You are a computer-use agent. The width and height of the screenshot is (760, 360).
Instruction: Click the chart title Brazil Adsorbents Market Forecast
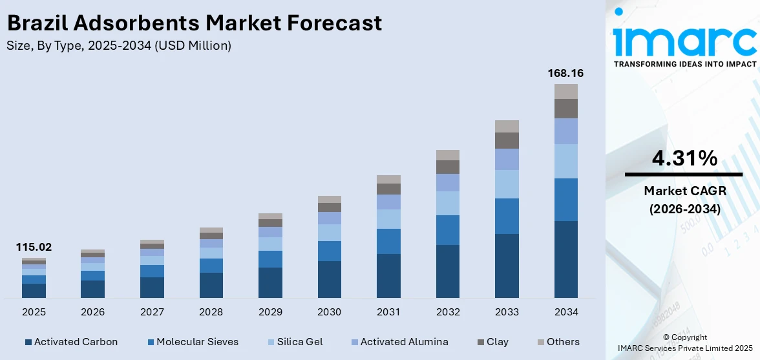coord(195,23)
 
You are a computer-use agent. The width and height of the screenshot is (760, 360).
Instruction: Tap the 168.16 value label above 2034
coord(565,73)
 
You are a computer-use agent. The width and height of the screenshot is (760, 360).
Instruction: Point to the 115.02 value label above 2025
coord(34,247)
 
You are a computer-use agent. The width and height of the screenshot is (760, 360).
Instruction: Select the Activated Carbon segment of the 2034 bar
coord(565,259)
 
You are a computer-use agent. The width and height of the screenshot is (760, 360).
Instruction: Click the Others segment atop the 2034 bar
coord(565,91)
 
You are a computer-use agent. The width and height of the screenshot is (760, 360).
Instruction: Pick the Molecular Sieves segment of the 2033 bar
coord(507,216)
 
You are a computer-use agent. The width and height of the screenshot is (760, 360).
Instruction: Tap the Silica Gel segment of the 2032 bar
coord(448,203)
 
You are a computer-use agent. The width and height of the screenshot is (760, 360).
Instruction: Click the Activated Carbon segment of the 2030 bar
coord(329,279)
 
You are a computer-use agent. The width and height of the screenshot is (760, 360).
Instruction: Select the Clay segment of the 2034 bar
coord(565,109)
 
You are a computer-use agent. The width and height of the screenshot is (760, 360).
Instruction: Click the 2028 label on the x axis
coord(211,312)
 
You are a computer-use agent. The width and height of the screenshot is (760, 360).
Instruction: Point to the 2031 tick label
coord(388,312)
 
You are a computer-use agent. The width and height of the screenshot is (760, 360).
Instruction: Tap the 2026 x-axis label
coord(92,312)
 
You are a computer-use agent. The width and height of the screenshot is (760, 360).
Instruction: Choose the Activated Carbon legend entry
coord(71,342)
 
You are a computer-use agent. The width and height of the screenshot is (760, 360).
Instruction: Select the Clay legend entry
coord(492,342)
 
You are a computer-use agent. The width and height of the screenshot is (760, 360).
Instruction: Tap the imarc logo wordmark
coord(684,40)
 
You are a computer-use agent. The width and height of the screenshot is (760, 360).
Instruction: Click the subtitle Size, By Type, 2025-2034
coord(119,46)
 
